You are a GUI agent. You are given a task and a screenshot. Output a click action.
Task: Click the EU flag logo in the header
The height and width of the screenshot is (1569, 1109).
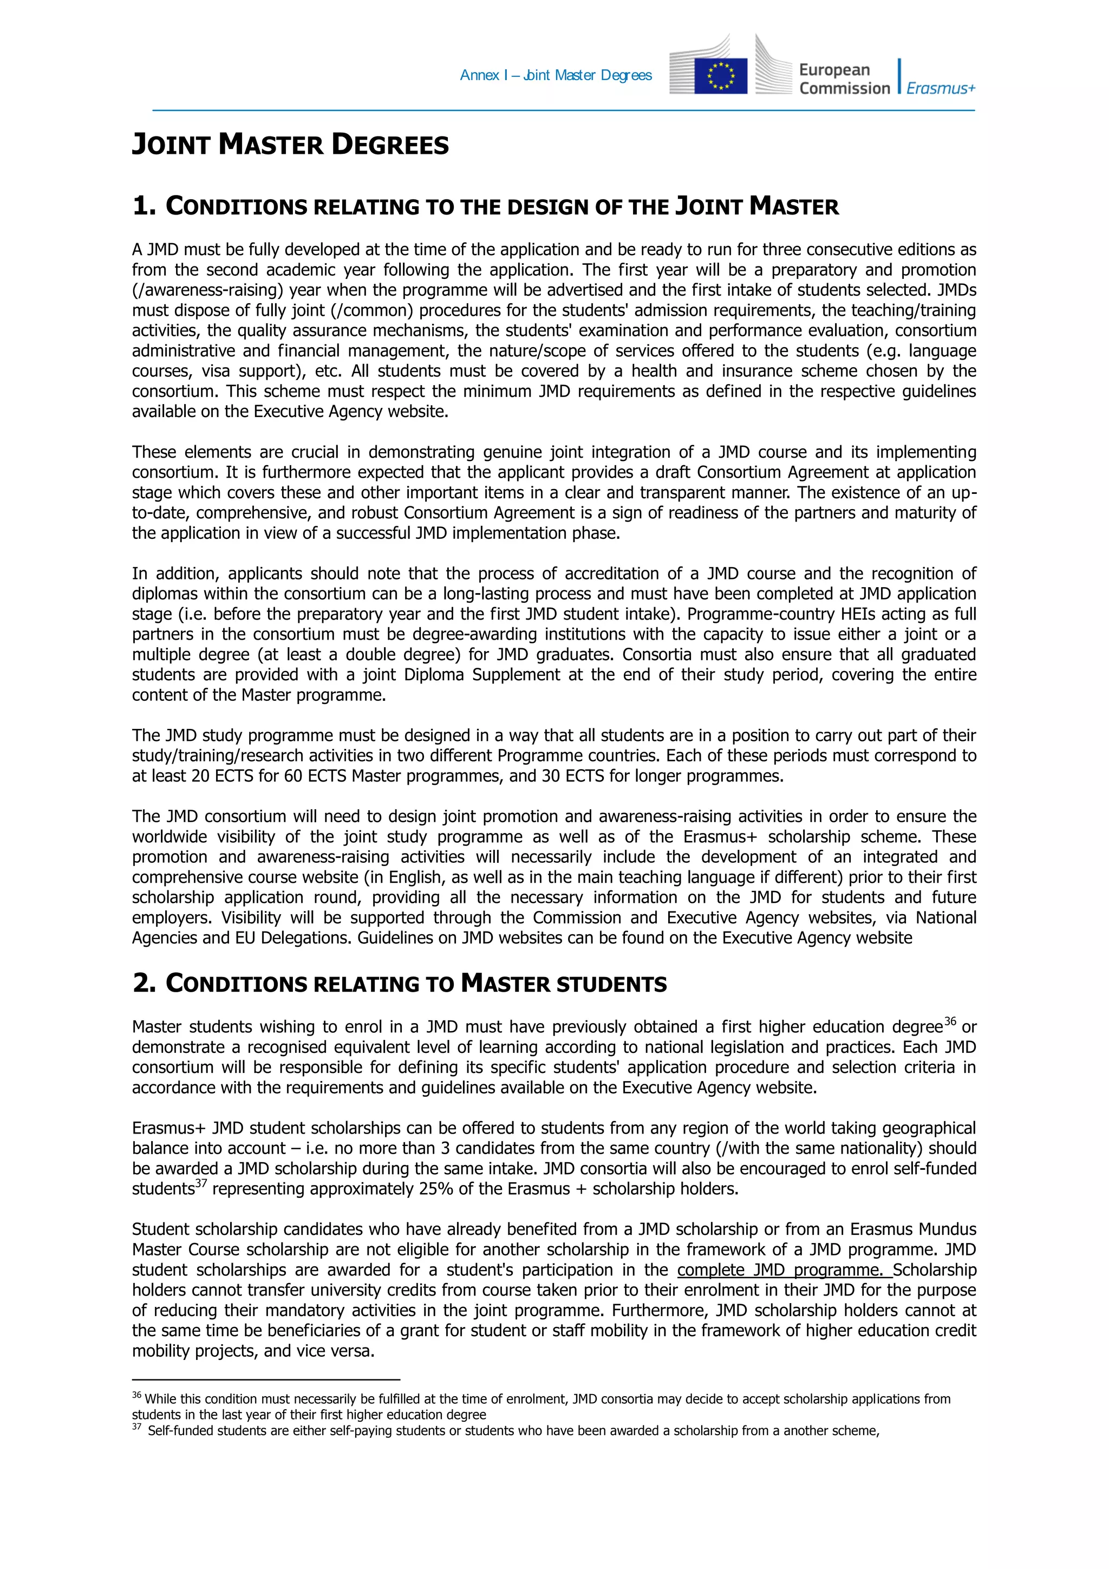coord(720,76)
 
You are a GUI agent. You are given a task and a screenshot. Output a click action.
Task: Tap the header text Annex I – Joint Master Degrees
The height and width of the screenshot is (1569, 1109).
coord(556,75)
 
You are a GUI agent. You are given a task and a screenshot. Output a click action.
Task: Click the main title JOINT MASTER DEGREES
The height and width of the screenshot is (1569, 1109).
coord(290,145)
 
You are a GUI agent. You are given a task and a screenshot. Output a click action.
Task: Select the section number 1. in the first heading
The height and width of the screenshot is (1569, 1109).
coord(144,206)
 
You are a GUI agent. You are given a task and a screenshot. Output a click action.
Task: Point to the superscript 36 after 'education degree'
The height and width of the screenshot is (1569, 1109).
coord(950,1021)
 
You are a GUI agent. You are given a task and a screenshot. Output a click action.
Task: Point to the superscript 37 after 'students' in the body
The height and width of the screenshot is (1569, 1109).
coord(201,1183)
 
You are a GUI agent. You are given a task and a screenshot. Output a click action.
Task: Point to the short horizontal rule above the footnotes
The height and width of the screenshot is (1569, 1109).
coord(266,1379)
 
